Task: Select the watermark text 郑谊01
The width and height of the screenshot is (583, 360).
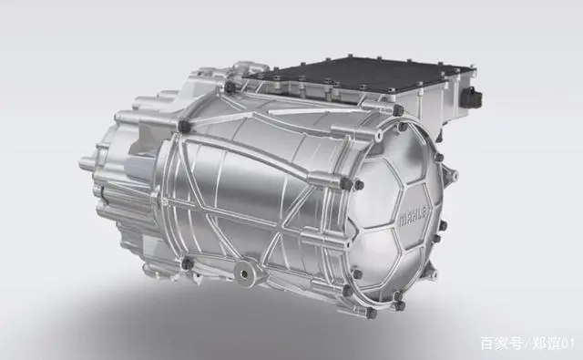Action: pos(553,344)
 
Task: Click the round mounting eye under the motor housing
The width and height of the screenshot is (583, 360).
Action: pos(245,273)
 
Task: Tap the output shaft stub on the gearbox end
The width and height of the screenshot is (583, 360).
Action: pos(87,163)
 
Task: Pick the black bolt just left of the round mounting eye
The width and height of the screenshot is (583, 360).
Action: pos(188,263)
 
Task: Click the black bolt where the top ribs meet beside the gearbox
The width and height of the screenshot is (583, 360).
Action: pos(184,126)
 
